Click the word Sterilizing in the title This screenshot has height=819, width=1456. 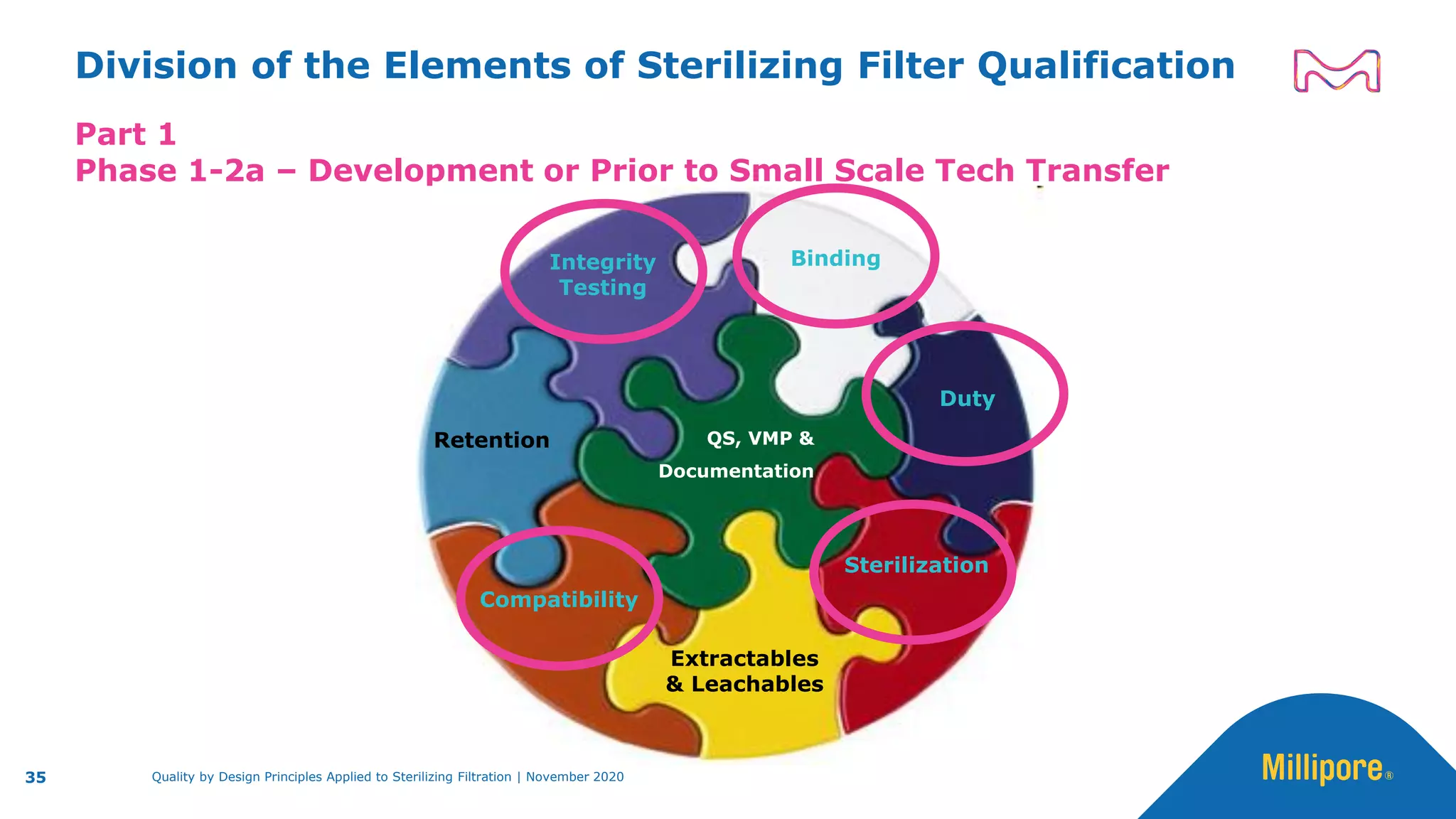point(739,67)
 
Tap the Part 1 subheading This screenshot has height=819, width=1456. point(126,134)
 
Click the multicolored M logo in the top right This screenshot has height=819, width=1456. point(1337,71)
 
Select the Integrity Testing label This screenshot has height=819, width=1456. point(602,274)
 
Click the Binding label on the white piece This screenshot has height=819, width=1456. point(835,258)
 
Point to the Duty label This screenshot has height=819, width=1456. point(967,399)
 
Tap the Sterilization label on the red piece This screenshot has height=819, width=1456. point(916,565)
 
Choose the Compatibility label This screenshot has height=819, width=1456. point(559,599)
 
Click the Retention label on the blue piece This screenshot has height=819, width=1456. point(491,440)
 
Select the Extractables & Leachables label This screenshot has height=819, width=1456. point(744,671)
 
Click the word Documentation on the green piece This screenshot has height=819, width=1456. point(736,471)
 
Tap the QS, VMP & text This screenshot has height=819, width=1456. point(760,438)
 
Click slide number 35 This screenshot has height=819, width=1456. point(36,778)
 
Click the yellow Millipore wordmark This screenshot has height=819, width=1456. point(1322,769)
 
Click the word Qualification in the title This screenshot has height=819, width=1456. point(1106,67)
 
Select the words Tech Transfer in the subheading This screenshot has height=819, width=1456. point(1052,171)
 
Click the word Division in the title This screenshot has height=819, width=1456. point(156,66)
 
